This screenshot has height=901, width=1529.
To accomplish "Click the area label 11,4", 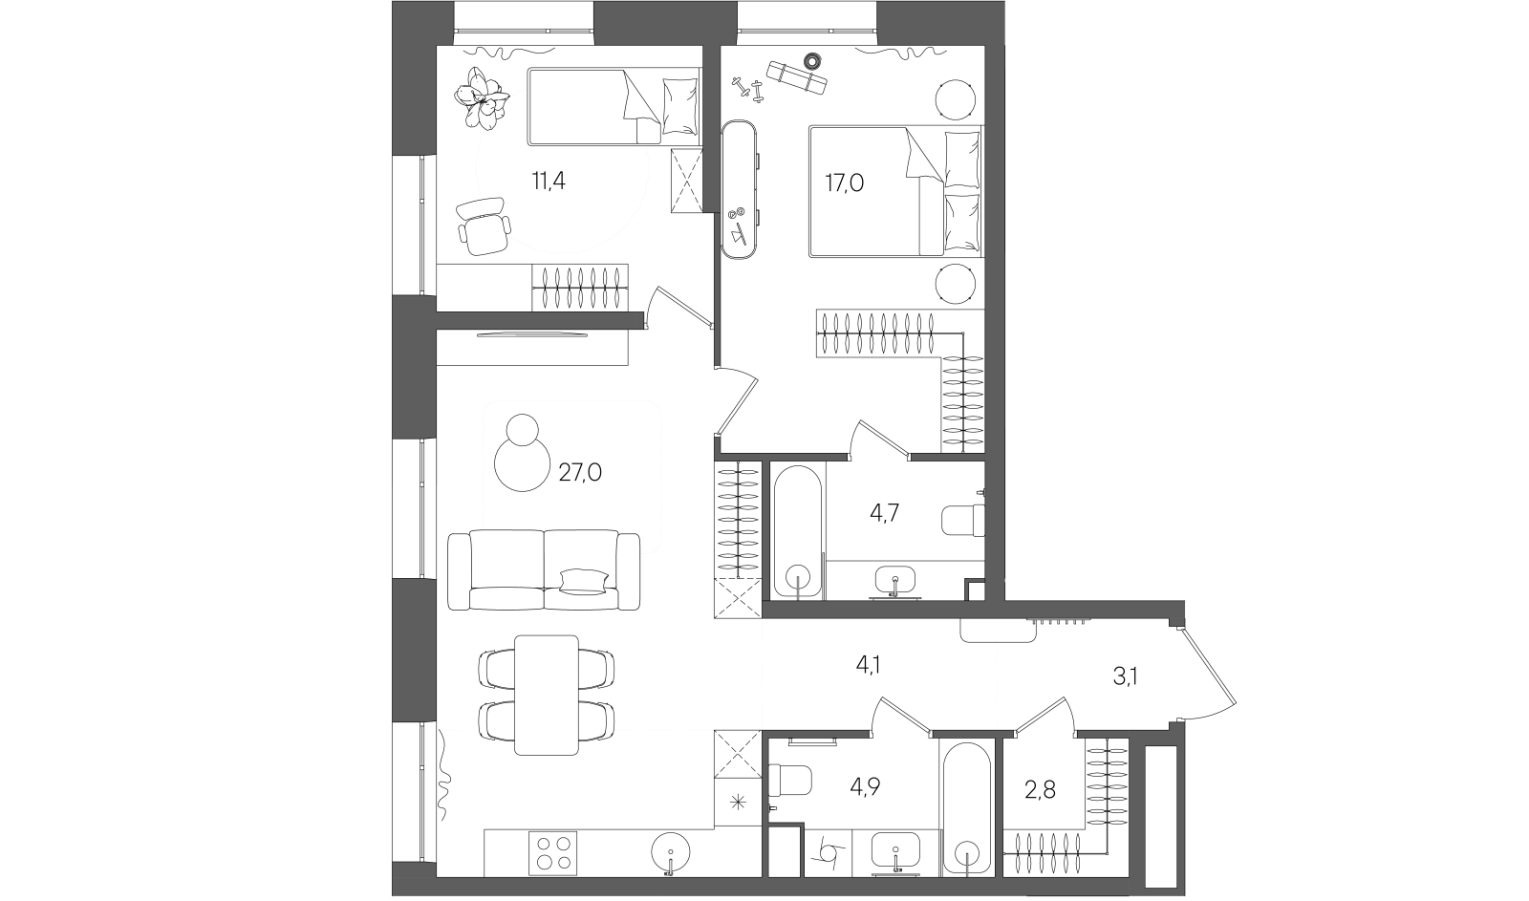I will (549, 180).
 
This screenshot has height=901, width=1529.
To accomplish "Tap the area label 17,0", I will (844, 182).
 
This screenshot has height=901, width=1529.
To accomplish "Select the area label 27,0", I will (579, 472).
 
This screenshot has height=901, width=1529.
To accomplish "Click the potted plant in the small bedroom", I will (484, 97).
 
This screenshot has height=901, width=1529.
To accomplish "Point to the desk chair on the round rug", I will (484, 226).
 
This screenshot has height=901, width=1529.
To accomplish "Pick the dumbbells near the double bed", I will (748, 89).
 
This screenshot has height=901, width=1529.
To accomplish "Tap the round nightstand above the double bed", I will (955, 99).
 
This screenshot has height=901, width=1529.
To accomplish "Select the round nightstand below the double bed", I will (955, 285).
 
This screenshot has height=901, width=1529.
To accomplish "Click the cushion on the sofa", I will (583, 581).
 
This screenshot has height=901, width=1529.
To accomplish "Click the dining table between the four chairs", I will (546, 695).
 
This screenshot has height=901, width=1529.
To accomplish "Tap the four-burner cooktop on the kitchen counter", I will (553, 852).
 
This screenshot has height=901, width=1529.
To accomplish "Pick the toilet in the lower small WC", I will (792, 780).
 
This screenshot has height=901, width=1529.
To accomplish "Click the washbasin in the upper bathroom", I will (895, 579).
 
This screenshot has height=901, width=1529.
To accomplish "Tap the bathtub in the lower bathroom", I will (966, 808).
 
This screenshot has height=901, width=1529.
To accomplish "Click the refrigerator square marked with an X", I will (738, 757).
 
